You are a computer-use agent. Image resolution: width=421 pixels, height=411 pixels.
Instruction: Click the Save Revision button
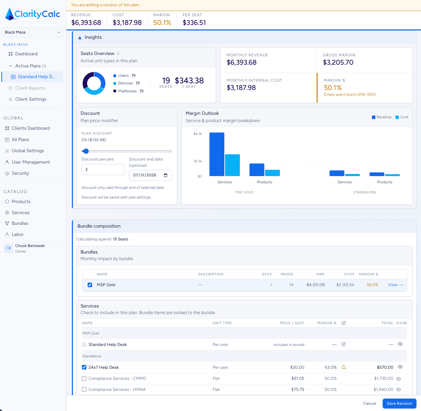(399, 403)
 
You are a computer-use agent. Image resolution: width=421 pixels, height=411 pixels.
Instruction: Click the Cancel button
(369, 403)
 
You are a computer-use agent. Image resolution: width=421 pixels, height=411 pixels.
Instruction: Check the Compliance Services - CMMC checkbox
(84, 378)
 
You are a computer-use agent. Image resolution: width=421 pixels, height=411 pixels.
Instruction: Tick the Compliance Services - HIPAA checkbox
(84, 390)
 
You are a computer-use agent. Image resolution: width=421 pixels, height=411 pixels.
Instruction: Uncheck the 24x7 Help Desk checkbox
(84, 367)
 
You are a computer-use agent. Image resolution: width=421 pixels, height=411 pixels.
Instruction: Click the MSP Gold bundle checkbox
(90, 285)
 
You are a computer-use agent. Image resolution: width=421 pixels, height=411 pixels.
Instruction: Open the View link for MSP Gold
(395, 285)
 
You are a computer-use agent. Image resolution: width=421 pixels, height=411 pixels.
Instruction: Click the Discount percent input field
(103, 170)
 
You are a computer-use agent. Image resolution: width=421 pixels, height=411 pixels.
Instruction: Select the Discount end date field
(150, 175)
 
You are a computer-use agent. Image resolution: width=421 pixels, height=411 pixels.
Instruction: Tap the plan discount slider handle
(86, 151)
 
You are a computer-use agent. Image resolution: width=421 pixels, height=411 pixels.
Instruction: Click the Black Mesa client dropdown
(32, 32)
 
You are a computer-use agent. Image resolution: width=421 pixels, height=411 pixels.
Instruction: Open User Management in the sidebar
(31, 162)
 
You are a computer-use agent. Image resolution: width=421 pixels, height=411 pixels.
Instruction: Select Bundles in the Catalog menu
(20, 223)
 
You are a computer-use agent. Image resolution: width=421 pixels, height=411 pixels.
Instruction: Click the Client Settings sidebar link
(30, 99)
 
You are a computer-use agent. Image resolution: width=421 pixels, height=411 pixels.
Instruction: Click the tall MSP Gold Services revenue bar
(217, 154)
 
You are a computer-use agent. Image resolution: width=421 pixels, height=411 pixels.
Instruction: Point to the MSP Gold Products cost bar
(272, 173)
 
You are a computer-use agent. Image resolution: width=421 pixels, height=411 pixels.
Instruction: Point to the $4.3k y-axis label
(198, 134)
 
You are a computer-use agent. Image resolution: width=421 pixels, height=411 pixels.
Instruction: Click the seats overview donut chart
(94, 83)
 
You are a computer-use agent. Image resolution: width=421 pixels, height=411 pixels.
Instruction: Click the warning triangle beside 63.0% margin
(344, 367)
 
